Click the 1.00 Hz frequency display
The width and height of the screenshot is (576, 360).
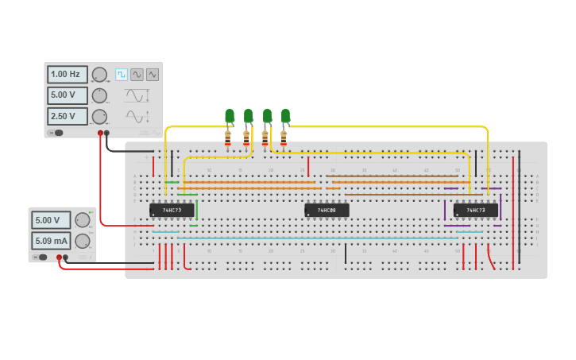pyautogui.click(x=68, y=75)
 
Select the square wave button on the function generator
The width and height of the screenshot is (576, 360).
pyautogui.click(x=122, y=74)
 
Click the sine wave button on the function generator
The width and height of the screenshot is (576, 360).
pyautogui.click(x=137, y=74)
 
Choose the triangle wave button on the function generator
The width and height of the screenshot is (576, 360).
pyautogui.click(x=152, y=74)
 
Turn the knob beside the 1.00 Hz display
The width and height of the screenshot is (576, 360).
pyautogui.click(x=99, y=75)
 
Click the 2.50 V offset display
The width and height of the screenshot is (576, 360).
pyautogui.click(x=68, y=116)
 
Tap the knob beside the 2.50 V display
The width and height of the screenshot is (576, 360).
pyautogui.click(x=99, y=116)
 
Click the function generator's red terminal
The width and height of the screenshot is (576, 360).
pyautogui.click(x=100, y=133)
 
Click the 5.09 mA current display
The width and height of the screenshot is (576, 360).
pyautogui.click(x=51, y=241)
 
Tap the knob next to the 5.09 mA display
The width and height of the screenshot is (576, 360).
pyautogui.click(x=82, y=241)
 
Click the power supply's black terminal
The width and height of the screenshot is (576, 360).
pyautogui.click(x=66, y=257)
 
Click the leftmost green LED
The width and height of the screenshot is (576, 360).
pyautogui.click(x=230, y=116)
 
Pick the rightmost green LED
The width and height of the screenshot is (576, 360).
pyautogui.click(x=285, y=116)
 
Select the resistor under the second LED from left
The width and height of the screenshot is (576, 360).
pyautogui.click(x=246, y=137)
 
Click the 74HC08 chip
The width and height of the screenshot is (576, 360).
pyautogui.click(x=327, y=210)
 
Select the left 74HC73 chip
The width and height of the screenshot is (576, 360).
pyautogui.click(x=172, y=210)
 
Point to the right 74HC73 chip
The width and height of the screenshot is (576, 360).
pyautogui.click(x=475, y=210)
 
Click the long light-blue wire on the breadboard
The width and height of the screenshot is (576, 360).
pyautogui.click(x=318, y=238)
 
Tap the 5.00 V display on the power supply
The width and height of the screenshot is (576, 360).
pyautogui.click(x=51, y=220)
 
